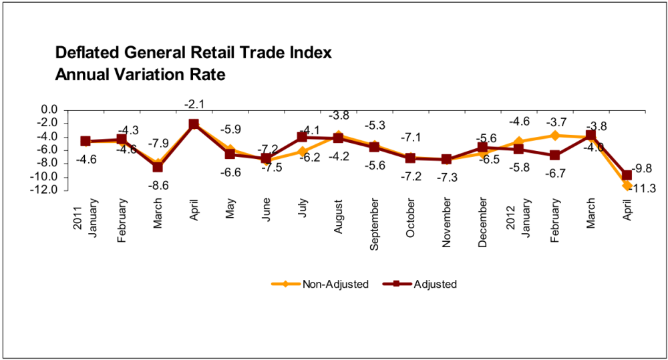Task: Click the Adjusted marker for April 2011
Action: (x=194, y=124)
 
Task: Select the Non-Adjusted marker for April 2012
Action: (x=627, y=186)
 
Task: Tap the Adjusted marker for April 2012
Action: (x=627, y=176)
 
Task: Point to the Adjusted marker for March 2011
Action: (x=158, y=168)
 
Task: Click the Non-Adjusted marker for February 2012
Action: (x=554, y=135)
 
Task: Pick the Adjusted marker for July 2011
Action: (x=302, y=137)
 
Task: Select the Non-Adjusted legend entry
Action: (x=320, y=284)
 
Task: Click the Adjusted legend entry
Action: (x=420, y=284)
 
